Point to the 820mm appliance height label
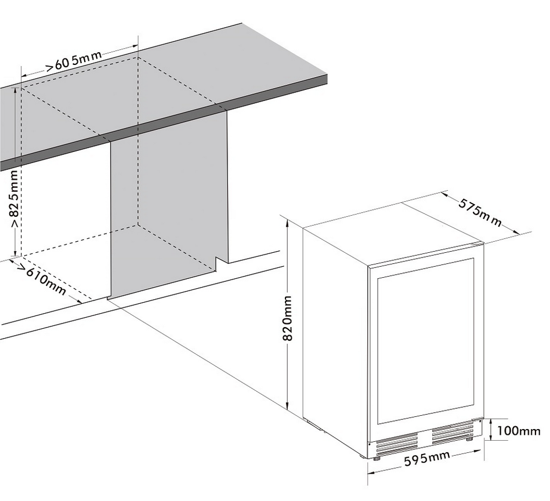tap(287, 318)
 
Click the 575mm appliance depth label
tap(480, 212)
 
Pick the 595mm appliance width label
tap(426, 459)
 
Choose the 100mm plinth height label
tap(519, 430)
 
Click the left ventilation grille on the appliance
tap(397, 443)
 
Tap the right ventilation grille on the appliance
tap(453, 433)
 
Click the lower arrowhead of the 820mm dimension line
tap(287, 406)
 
